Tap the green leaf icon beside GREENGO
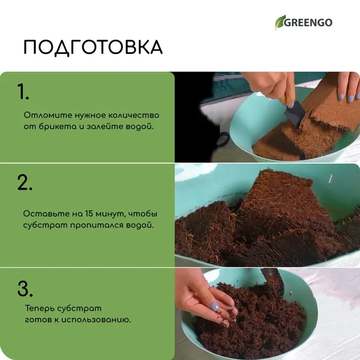click(x=280, y=22)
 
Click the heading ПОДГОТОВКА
click(x=93, y=47)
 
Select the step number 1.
click(x=23, y=92)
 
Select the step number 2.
click(x=25, y=183)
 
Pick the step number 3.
click(x=25, y=289)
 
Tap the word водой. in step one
click(x=140, y=126)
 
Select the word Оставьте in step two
click(x=43, y=213)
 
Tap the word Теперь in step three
click(x=38, y=308)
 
